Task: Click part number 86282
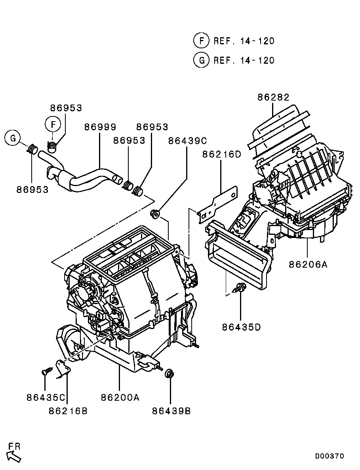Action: tap(273, 97)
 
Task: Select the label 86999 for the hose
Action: tap(100, 127)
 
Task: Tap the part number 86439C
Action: tap(187, 141)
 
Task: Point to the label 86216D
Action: tap(221, 154)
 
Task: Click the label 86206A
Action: tap(308, 264)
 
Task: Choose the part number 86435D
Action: tap(241, 327)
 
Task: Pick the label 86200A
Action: tap(120, 398)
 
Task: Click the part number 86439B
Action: tap(171, 411)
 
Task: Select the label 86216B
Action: tap(68, 411)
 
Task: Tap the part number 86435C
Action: tap(46, 398)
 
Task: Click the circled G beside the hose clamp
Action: tap(13, 138)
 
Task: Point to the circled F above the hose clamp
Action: tap(53, 124)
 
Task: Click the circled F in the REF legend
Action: tap(201, 40)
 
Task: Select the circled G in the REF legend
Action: tap(201, 60)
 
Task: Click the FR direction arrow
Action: tap(13, 457)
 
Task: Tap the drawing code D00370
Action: tap(329, 456)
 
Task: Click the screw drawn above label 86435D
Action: tap(239, 288)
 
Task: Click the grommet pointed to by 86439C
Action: tap(155, 214)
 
